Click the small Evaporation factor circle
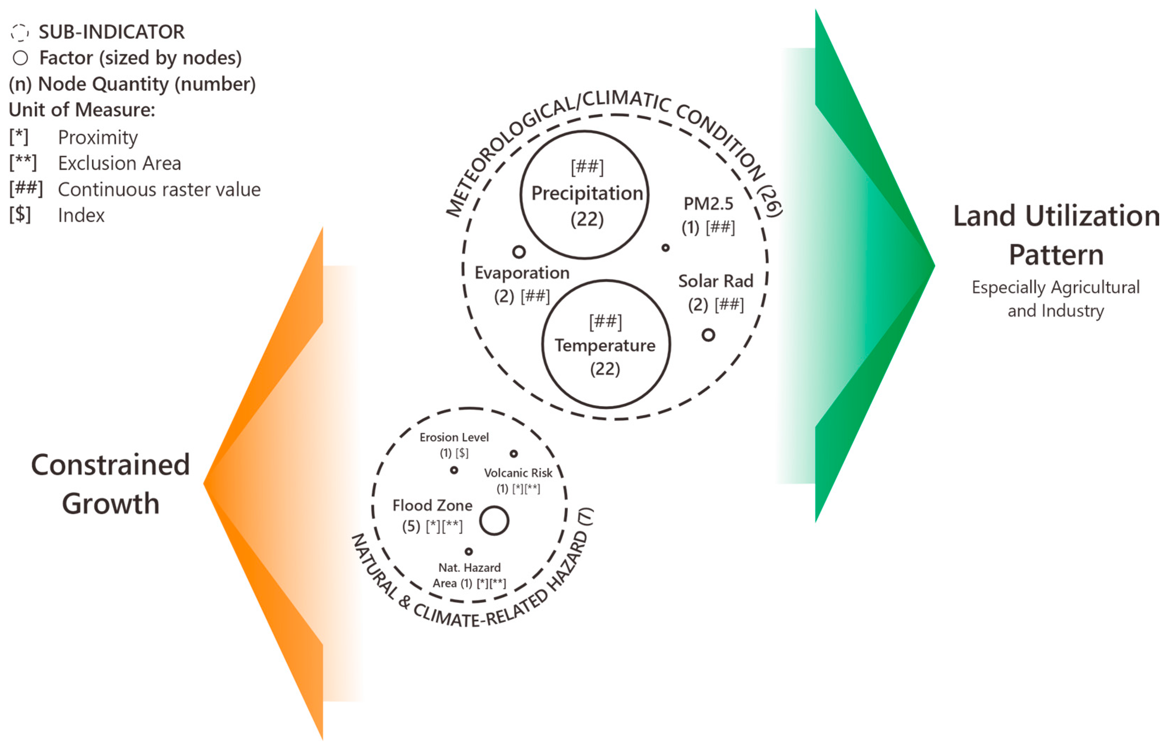coord(519,252)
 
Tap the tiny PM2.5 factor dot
coord(665,248)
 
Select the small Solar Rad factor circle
coord(708,335)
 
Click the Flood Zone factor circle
coord(494,521)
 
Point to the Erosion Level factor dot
coord(454,470)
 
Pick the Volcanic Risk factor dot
coord(513,454)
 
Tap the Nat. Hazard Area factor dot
coord(469,552)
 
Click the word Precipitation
coord(587,193)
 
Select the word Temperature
coord(605,346)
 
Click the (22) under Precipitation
coord(587,219)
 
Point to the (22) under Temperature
coord(605,369)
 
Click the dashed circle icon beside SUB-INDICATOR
coord(20,32)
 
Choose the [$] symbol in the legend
coord(20,215)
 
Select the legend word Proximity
coord(98,138)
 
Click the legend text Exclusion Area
coord(119,163)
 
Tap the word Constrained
coord(110,465)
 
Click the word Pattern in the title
coord(1056,255)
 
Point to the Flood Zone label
coord(432,505)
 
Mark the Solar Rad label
coord(715,281)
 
